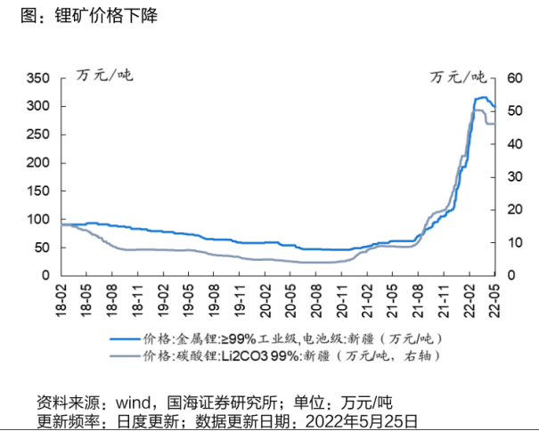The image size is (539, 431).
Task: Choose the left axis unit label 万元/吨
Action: (x=104, y=71)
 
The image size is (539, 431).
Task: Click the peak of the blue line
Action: (x=483, y=97)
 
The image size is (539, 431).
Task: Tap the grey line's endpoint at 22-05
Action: (x=494, y=124)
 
